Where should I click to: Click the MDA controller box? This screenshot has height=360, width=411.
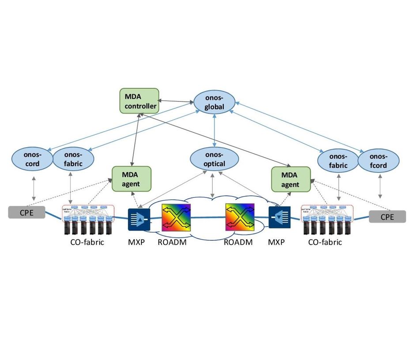(139, 100)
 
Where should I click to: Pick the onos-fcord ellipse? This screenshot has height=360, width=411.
(378, 161)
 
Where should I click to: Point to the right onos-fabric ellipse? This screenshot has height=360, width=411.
(338, 161)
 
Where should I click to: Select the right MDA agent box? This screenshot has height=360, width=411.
(290, 179)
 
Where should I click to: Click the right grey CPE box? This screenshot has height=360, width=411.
(387, 216)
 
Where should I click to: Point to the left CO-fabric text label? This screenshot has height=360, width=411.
(87, 242)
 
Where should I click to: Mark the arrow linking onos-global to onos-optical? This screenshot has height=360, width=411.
(214, 130)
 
